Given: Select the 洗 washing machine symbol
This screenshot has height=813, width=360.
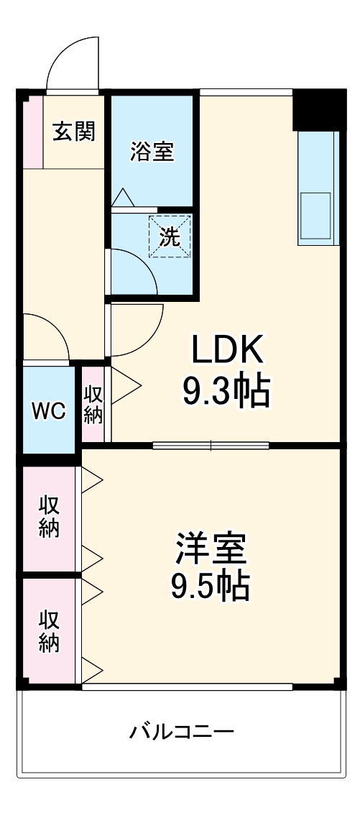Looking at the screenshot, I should click(170, 238).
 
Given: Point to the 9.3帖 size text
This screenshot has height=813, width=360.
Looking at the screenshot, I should click(226, 392).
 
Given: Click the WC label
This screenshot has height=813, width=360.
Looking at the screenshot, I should click(48, 411).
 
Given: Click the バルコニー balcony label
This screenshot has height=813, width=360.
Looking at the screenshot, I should click(182, 732).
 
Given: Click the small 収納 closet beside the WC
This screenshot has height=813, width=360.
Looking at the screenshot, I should click(93, 404).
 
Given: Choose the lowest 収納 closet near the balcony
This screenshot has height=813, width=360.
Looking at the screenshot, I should click(49, 630).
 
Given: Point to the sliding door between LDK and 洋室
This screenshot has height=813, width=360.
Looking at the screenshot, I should click(211, 446).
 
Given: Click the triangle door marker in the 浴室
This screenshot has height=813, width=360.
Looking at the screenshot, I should click(121, 196).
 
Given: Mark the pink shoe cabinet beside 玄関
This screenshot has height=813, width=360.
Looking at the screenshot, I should click(32, 132).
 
